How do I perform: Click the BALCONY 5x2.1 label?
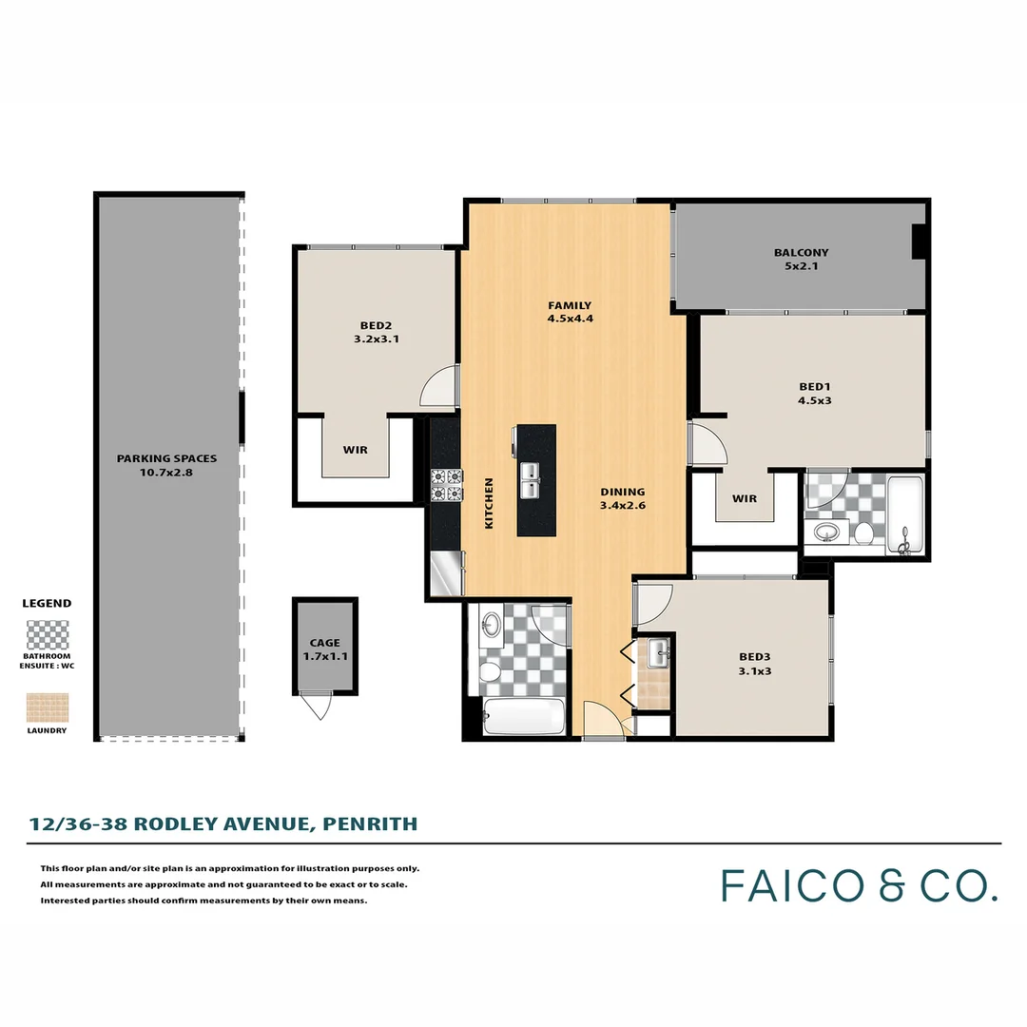pos(801,260)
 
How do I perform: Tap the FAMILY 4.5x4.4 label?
pos(570,312)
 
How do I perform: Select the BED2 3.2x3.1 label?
pos(375,330)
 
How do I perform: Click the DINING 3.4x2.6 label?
pos(623,498)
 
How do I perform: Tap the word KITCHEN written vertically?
pos(490,503)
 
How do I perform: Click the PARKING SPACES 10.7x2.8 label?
pos(166,465)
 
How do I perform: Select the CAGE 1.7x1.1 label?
pos(324,649)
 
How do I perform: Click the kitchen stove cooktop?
pos(446,485)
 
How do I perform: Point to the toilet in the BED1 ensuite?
pos(863,532)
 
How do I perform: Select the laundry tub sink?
pos(658,653)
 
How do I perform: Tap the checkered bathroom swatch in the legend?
pos(48,634)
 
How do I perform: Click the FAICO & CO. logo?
pos(859,884)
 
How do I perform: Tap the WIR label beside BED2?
pos(356,450)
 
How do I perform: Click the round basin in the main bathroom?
pos(492,625)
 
